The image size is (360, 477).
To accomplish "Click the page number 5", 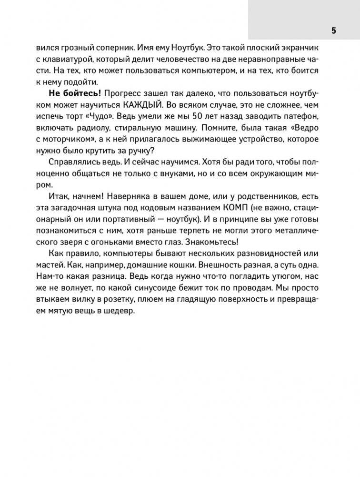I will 333,30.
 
